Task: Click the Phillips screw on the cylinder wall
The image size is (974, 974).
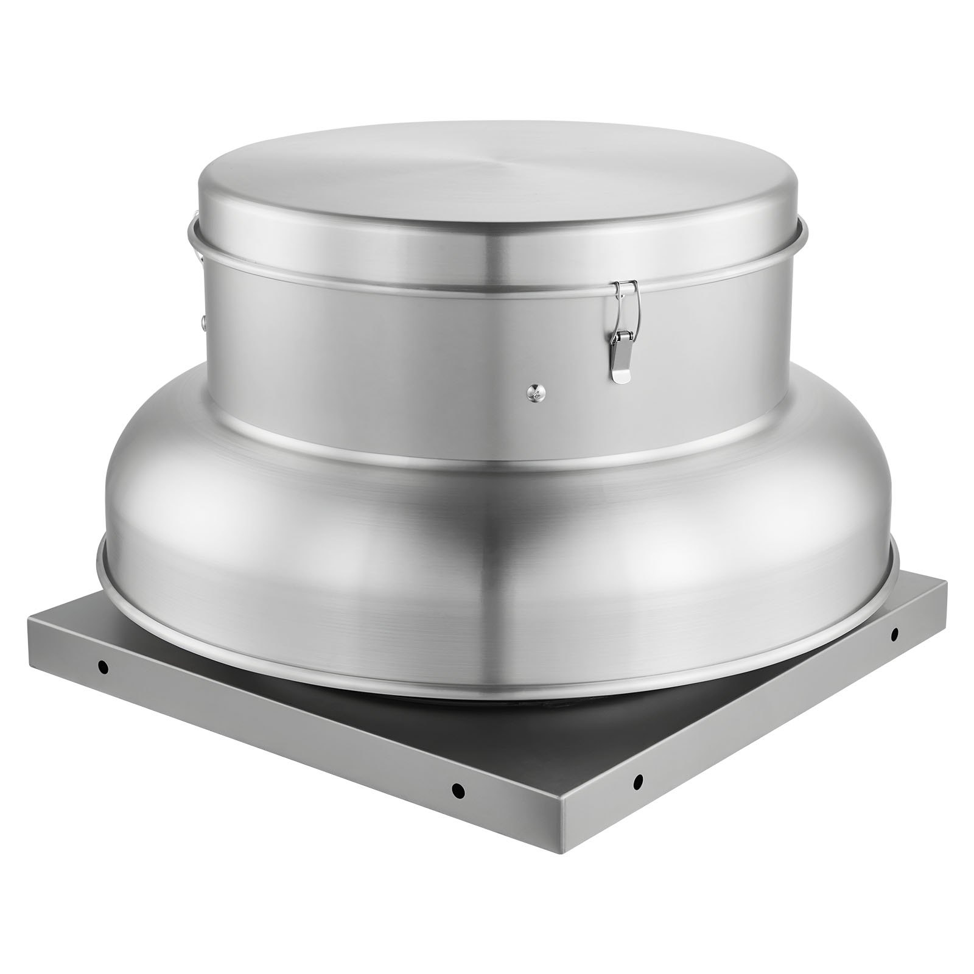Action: coord(534,393)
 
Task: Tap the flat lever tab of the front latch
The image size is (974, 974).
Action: coord(621,367)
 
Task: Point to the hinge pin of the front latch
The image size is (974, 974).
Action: coord(623,337)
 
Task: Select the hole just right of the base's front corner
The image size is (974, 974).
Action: coord(639,778)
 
